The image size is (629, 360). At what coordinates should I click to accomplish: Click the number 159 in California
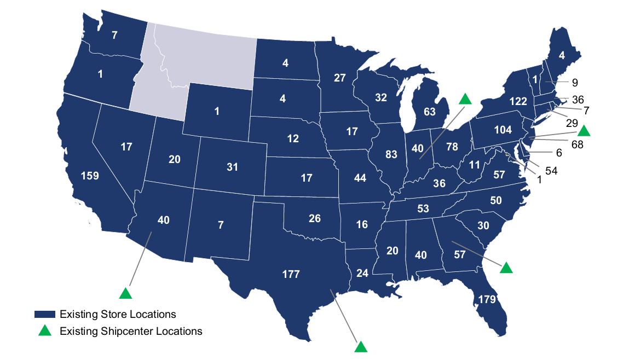(90, 177)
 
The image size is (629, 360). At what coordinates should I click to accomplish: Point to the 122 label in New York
(517, 101)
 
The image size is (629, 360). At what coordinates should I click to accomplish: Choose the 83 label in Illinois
(391, 154)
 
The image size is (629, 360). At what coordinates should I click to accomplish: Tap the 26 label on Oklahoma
(314, 219)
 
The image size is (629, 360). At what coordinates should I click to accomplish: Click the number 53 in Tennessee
(423, 209)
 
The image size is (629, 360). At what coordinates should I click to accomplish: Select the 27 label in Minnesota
(339, 78)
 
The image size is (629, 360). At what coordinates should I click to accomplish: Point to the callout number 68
(577, 145)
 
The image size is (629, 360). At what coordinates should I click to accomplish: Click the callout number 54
(551, 171)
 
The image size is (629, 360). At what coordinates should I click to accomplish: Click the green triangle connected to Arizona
(126, 293)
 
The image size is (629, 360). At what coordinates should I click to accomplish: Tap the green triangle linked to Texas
(360, 346)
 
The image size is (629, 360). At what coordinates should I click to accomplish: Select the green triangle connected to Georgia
(506, 267)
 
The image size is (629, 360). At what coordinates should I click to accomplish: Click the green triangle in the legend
(45, 330)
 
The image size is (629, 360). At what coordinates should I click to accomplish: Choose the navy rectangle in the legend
(45, 315)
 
